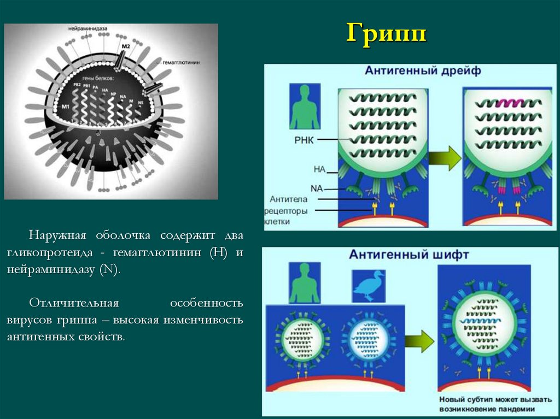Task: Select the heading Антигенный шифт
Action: pos(409,255)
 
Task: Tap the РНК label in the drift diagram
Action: pos(304,139)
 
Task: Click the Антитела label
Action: pos(288,199)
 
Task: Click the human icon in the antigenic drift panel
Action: pos(305,107)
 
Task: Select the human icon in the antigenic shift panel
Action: pos(304,283)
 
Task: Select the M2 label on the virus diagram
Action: pos(125,47)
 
